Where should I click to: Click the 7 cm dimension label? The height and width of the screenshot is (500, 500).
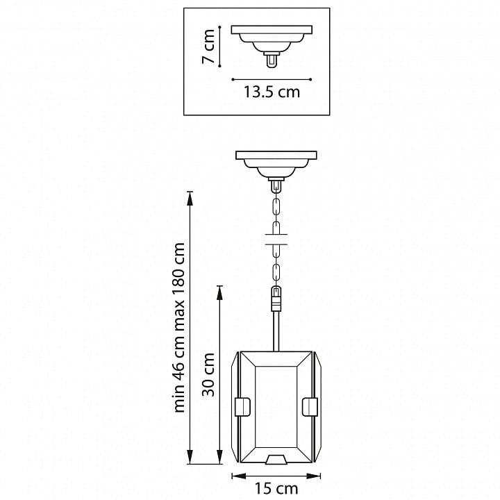[x=209, y=47]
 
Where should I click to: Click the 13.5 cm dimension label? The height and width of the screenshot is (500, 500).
[x=272, y=92]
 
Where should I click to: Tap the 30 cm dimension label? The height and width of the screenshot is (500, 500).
[x=209, y=374]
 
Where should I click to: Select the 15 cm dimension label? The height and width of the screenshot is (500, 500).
[x=276, y=488]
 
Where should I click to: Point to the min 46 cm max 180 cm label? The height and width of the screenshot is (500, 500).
[x=179, y=328]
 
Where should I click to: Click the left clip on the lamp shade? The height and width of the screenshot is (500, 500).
[x=242, y=407]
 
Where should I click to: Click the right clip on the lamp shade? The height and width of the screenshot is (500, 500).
[x=310, y=407]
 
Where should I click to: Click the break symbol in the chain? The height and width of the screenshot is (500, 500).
[x=276, y=240]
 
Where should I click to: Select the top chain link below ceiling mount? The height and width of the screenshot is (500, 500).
[x=276, y=207]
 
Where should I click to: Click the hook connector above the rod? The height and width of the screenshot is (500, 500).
[x=276, y=299]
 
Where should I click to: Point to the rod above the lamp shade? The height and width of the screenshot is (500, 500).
[x=276, y=331]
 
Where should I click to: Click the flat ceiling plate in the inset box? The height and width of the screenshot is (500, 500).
[x=272, y=30]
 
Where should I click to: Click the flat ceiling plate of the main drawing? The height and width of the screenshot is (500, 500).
[x=276, y=155]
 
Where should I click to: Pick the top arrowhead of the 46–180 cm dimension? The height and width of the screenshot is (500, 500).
[x=190, y=199]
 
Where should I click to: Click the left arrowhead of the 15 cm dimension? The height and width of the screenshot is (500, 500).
[x=238, y=476]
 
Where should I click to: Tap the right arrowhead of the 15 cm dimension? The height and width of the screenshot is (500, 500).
[x=314, y=476]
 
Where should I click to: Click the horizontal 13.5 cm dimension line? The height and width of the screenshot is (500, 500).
[x=272, y=79]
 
